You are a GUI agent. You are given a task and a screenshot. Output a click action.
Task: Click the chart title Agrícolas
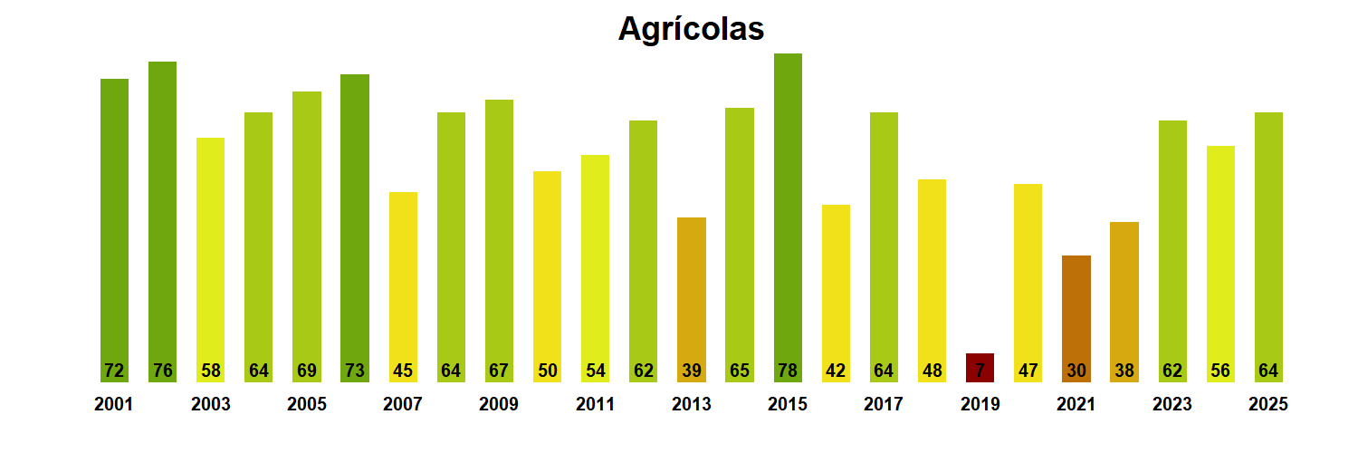point(691,29)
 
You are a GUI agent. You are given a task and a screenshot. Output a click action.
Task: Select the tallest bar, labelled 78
point(788,208)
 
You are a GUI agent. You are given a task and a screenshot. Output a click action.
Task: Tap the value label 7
point(980,371)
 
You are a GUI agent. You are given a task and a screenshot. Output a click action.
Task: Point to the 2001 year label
point(113,405)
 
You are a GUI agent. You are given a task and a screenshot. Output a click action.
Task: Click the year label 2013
point(691,405)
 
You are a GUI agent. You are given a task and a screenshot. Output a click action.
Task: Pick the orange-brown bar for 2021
point(1076,308)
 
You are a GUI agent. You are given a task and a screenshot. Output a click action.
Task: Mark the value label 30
point(1076,371)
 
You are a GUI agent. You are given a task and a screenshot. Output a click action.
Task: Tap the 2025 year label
point(1268,405)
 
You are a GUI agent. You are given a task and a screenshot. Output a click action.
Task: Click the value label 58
point(210,371)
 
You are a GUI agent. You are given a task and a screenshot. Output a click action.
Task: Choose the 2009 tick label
point(499,405)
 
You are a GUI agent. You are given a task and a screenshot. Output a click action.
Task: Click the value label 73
point(355,371)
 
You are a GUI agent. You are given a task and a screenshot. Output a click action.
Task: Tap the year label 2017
point(884,405)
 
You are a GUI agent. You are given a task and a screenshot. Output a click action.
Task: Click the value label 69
point(306,371)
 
